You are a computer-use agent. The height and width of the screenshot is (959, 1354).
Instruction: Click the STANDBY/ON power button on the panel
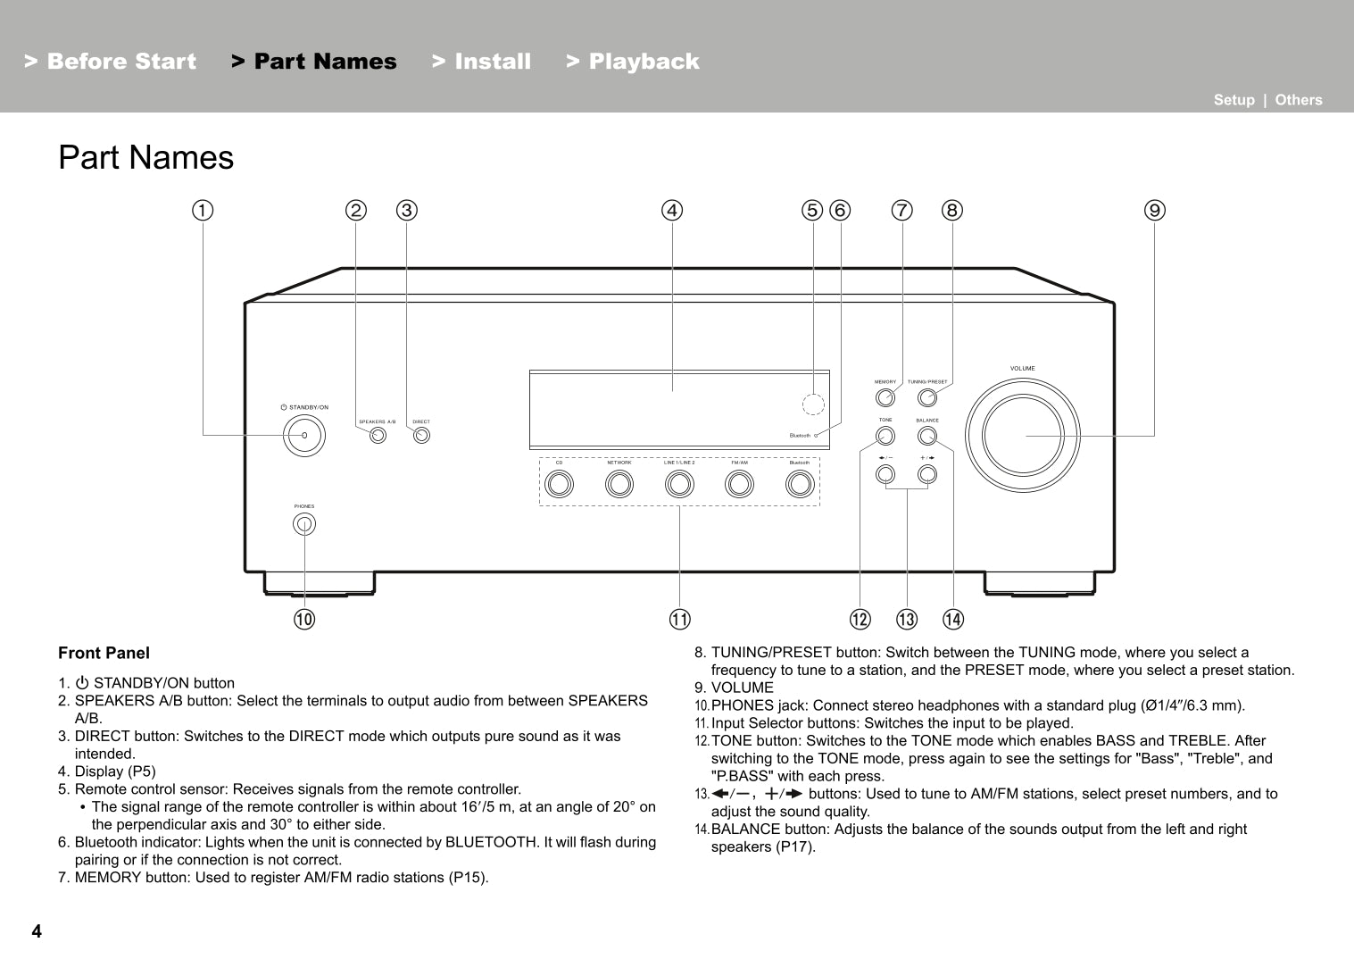304,436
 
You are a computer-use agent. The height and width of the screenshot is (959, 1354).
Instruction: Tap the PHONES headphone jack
304,524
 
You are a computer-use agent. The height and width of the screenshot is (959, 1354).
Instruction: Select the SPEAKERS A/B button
378,436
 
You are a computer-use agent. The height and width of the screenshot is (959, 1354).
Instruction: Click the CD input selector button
560,484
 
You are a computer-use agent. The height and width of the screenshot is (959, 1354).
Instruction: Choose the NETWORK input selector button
619,484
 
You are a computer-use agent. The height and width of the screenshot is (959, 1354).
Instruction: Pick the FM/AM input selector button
739,484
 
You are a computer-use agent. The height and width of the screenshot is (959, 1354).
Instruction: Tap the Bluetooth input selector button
800,484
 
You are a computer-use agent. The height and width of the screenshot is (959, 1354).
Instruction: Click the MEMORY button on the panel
885,397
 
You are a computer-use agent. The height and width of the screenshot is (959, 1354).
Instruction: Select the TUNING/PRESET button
927,397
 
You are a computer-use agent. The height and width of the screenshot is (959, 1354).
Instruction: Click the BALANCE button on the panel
927,436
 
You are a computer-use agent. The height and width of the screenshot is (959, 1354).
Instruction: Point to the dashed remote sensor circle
812,404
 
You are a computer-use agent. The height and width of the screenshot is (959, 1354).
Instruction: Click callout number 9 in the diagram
1155,211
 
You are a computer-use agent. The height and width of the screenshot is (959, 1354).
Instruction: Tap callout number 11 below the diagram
680,620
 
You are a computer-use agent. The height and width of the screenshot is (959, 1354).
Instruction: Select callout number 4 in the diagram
672,211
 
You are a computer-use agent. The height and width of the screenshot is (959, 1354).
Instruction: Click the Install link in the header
482,62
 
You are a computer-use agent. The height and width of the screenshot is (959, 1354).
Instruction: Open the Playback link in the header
633,62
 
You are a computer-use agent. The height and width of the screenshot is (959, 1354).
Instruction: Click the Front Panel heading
104,654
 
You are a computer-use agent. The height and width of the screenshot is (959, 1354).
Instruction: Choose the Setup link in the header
1234,100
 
